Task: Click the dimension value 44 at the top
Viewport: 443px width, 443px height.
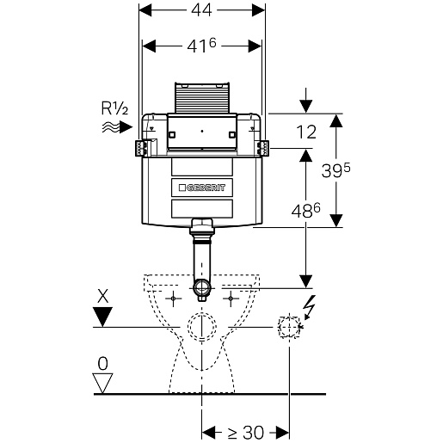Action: point(201,10)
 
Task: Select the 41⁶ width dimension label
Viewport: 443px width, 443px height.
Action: point(201,46)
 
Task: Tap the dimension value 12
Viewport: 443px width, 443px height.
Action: point(306,132)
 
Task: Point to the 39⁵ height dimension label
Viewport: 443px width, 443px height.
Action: point(335,170)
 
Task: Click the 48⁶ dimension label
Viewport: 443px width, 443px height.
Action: point(305,211)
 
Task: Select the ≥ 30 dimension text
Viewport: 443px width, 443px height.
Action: point(246,432)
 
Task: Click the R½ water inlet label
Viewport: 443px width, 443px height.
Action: point(114,108)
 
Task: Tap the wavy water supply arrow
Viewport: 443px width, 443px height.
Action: point(117,126)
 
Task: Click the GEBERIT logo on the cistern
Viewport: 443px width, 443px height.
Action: point(202,188)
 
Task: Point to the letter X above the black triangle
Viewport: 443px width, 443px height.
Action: point(103,296)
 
